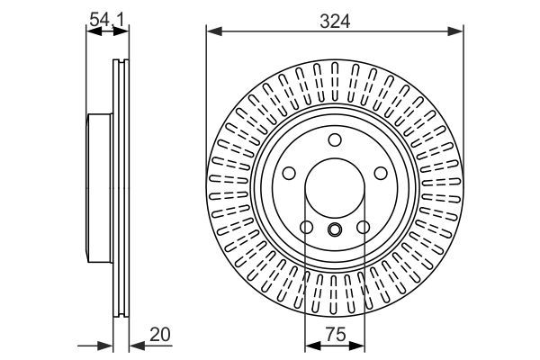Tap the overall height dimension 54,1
(x=107, y=15)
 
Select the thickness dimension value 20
(x=159, y=334)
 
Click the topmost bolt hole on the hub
(x=334, y=139)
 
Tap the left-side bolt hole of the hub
(x=290, y=173)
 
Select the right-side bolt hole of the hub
(x=378, y=173)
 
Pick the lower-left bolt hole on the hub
(x=306, y=227)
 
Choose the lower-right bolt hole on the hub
(x=362, y=227)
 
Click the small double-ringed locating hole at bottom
(x=334, y=229)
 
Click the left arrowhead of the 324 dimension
(x=212, y=32)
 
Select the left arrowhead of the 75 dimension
(x=310, y=346)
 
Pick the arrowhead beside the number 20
(x=136, y=346)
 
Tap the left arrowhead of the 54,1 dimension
(x=91, y=32)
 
